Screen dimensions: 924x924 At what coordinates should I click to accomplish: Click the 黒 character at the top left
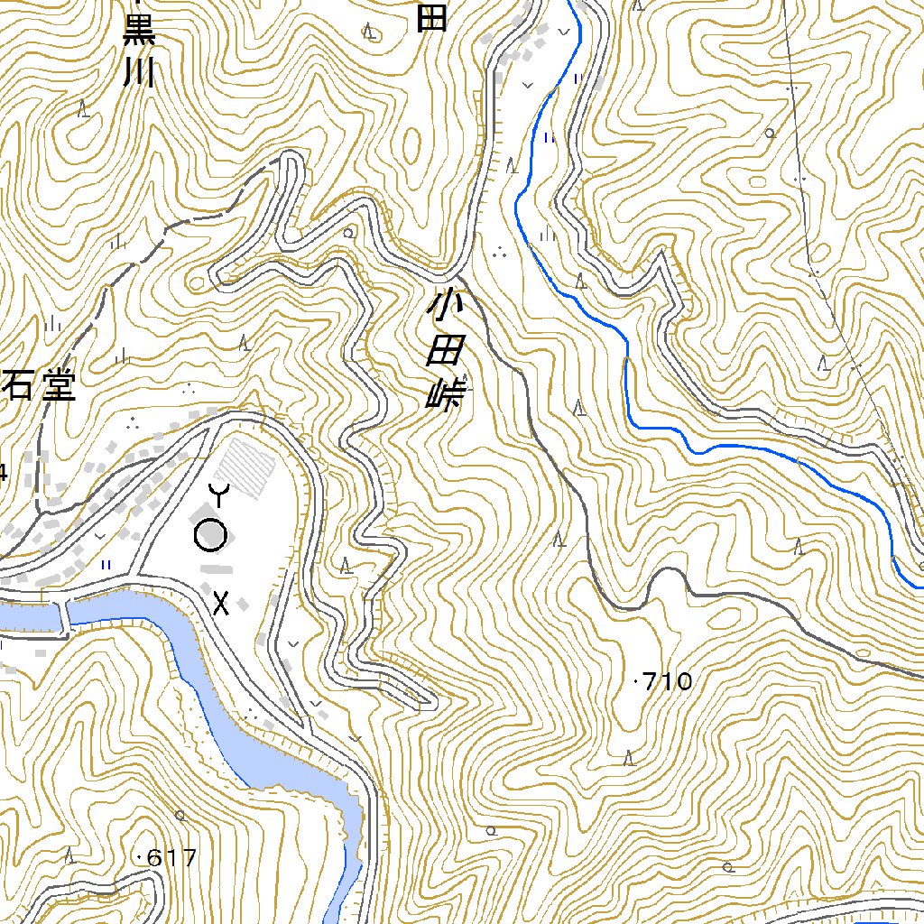140,29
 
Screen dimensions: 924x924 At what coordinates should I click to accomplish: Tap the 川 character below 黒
140,71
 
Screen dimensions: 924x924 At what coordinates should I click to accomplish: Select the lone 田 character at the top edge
432,15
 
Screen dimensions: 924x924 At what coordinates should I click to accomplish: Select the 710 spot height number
669,681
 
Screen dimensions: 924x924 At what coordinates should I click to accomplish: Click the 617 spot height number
171,857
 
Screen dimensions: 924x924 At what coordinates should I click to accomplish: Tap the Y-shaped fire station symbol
219,494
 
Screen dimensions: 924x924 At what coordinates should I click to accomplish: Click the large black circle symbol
211,535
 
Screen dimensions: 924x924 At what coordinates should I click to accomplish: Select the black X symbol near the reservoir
221,603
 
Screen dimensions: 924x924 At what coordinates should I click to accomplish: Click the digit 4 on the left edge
3,471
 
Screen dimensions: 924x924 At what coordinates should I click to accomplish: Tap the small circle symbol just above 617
180,815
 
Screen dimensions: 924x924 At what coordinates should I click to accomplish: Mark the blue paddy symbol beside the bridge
106,564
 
